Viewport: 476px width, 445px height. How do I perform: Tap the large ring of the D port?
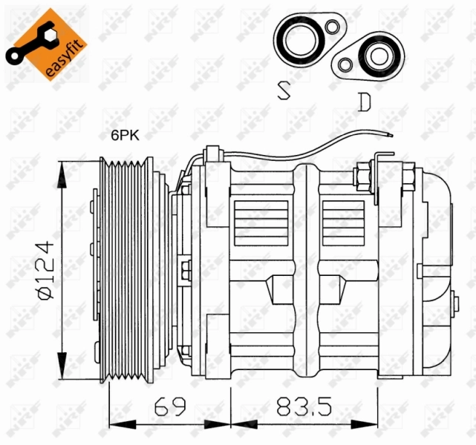tap(379, 56)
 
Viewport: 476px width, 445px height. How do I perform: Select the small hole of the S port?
tap(333, 28)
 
